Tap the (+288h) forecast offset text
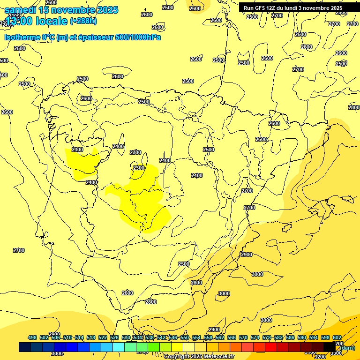83,21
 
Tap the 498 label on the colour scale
32,337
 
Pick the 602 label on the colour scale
337,337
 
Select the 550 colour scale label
185,337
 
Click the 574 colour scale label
255,337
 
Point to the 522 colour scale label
103,337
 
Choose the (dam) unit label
348,347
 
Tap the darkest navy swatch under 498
25,347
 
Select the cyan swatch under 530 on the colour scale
119,347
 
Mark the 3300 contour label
336,353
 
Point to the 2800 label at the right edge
354,107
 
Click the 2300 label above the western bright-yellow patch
77,150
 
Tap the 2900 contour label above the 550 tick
214,330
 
